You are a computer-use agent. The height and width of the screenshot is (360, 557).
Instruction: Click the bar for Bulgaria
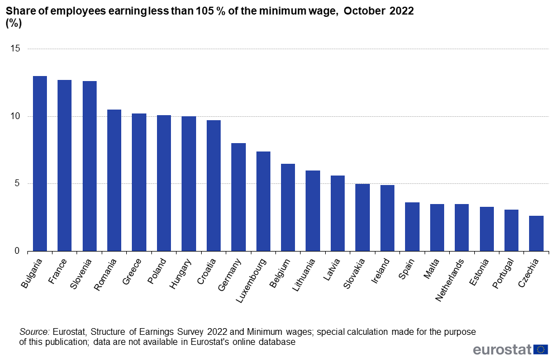click(40, 164)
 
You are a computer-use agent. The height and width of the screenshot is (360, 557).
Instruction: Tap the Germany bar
click(239, 197)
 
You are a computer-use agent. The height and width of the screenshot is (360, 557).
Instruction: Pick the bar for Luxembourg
click(263, 201)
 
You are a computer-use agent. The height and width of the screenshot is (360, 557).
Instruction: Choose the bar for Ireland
click(387, 218)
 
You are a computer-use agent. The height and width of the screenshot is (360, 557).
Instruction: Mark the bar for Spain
click(412, 227)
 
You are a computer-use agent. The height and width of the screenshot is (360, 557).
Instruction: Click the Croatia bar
click(213, 186)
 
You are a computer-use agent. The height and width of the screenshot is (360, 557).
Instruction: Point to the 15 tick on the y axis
click(16, 49)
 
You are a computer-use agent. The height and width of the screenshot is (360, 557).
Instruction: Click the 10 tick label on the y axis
click(16, 116)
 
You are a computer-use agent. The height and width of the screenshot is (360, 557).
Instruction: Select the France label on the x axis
click(58, 272)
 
